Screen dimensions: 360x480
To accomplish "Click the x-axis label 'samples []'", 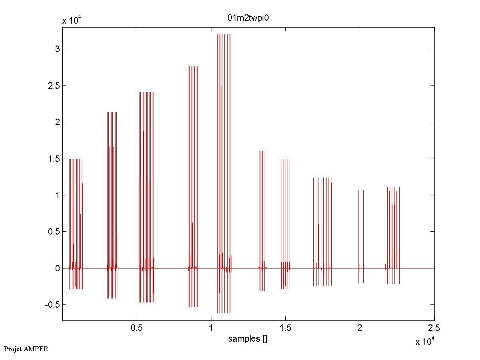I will [x=248, y=339].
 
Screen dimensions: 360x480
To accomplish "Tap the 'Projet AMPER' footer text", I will [x=26, y=349].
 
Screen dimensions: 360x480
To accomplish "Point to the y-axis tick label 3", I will [x=58, y=49].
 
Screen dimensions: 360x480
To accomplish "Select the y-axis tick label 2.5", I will [x=54, y=86].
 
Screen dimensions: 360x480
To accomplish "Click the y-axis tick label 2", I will [x=58, y=122].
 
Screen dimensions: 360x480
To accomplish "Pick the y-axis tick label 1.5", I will [x=54, y=159].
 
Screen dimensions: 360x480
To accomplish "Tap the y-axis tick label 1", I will [x=58, y=195].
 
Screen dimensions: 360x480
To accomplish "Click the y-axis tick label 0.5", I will [x=54, y=232].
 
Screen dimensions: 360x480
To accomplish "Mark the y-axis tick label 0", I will [x=58, y=268].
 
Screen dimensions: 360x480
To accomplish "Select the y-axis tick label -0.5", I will [x=52, y=305].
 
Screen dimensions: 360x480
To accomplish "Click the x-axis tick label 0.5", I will [x=137, y=328].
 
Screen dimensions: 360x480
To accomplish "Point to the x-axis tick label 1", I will [x=211, y=328].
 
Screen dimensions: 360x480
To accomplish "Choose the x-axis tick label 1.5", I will [x=285, y=328].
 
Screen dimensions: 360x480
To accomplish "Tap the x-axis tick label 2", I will [x=360, y=328].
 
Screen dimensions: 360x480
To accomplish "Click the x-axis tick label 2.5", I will [x=434, y=328].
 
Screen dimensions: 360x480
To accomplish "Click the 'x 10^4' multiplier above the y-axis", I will [x=72, y=20].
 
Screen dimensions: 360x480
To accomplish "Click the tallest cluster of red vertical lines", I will [x=224, y=160].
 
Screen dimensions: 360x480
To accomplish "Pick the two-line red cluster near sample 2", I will [x=361, y=236].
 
